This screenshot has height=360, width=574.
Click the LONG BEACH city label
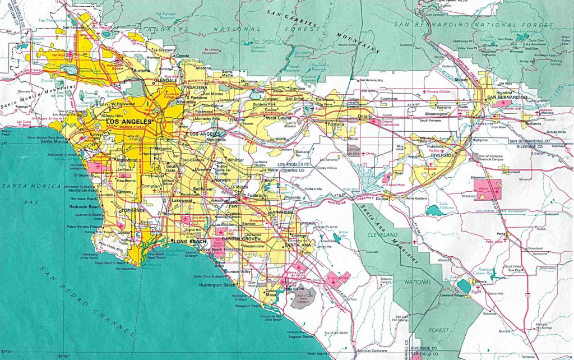click(187, 241)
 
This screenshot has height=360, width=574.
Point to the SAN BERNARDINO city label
click(507, 98)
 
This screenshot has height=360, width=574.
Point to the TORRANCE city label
click(132, 211)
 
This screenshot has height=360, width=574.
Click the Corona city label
click(382, 199)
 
